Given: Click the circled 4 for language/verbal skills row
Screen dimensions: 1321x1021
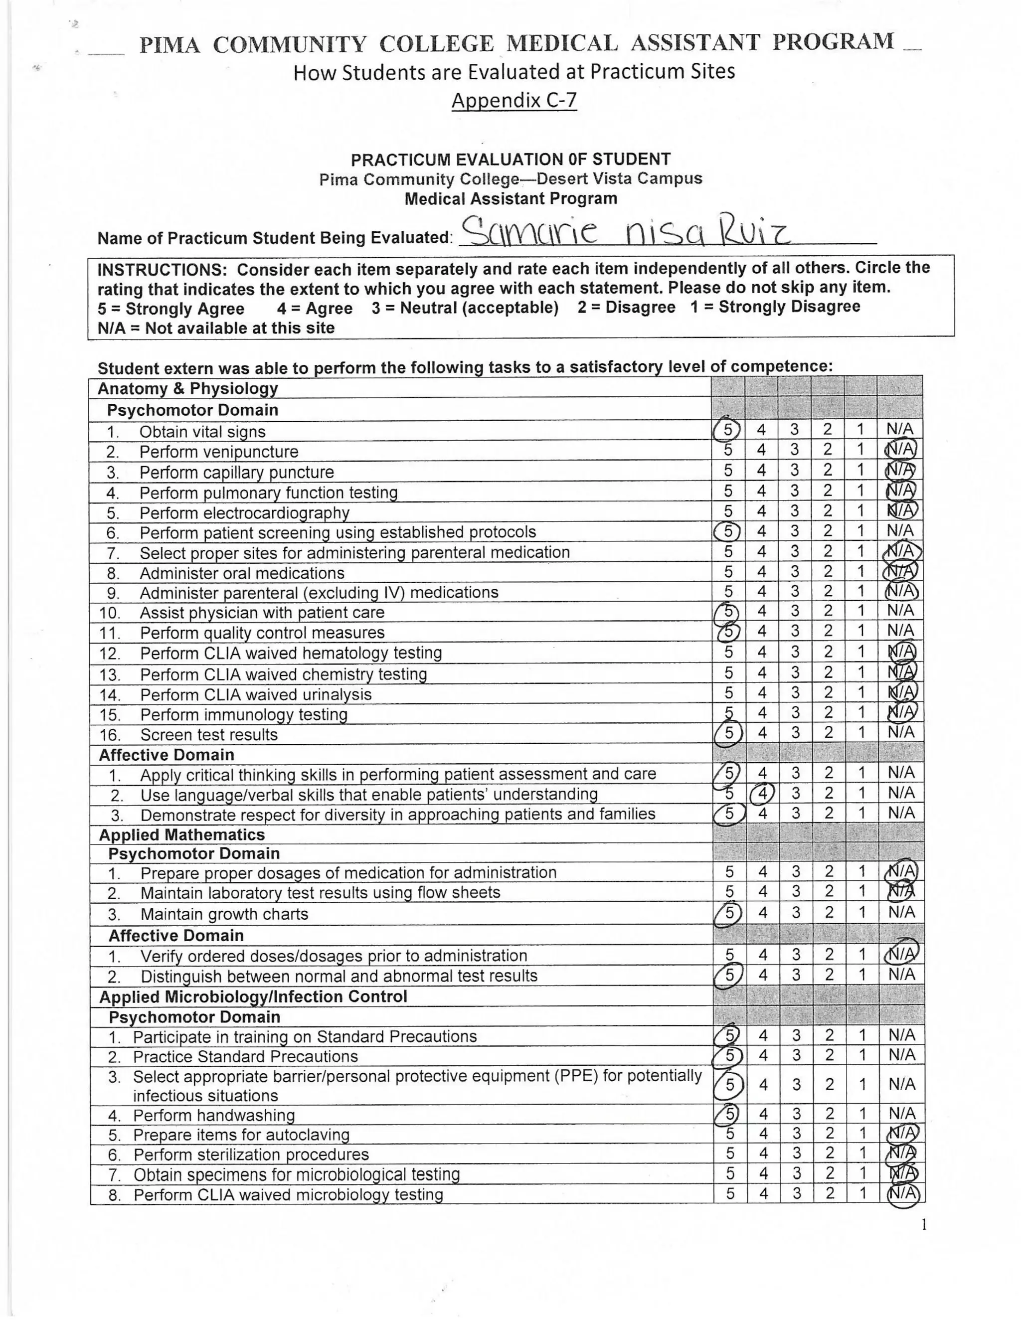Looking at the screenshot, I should point(762,793).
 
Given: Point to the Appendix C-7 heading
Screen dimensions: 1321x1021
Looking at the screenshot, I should point(514,100).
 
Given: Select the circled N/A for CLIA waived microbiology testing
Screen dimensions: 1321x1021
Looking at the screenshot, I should point(902,1193).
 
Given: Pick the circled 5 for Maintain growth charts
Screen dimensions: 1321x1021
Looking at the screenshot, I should point(729,912).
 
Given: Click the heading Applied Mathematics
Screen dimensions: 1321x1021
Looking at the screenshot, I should point(182,834).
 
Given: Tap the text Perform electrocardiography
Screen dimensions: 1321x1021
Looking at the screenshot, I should point(244,513).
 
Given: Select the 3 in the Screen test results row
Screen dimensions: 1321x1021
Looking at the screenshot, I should point(795,732).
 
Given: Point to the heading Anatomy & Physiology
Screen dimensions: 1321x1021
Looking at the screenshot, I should point(187,388).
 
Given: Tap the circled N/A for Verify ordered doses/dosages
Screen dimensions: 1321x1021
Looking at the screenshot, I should point(901,954).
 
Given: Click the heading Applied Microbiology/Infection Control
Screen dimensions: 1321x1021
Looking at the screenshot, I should point(253,996).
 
